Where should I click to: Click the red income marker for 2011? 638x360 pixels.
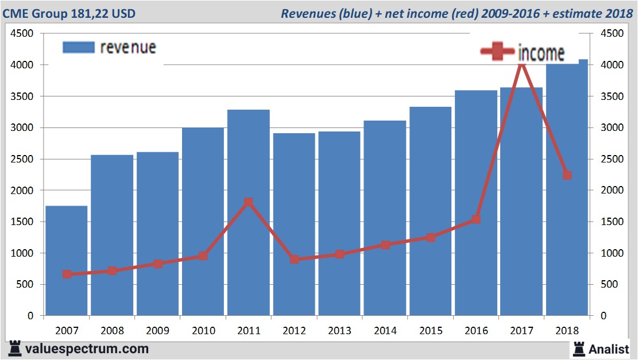pos(248,202)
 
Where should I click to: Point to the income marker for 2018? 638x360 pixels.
pos(567,175)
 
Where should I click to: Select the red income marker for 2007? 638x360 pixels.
pos(67,274)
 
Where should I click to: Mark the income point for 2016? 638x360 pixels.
pos(475,219)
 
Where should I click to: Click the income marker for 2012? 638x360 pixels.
pos(294,260)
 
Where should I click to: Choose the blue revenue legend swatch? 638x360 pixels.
pos(78,48)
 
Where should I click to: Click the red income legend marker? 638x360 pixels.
pos(497,52)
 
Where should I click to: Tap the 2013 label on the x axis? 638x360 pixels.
pos(339,331)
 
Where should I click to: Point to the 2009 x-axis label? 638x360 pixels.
pos(157,331)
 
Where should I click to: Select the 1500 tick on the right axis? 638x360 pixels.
pos(612,222)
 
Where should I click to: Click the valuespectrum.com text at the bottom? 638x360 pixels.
pos(86,349)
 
